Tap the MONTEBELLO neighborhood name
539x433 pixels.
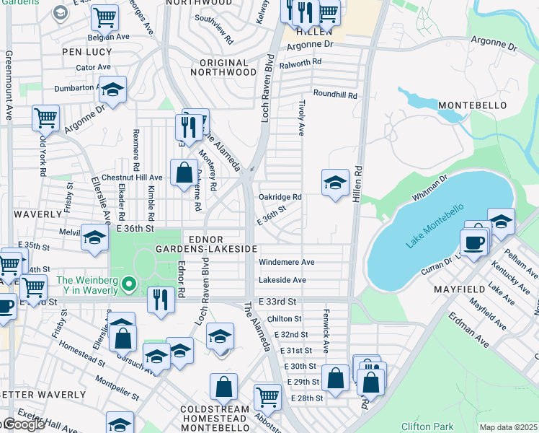pyautogui.click(x=468, y=105)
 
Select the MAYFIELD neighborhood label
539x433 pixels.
pyautogui.click(x=462, y=289)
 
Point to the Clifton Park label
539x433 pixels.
pyautogui.click(x=427, y=427)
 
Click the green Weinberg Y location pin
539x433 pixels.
pyautogui.click(x=129, y=284)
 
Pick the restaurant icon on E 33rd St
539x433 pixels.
pyautogui.click(x=161, y=298)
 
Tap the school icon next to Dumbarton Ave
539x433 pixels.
pyautogui.click(x=112, y=89)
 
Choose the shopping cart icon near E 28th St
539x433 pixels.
pyautogui.click(x=267, y=395)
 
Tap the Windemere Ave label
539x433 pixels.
pyautogui.click(x=286, y=262)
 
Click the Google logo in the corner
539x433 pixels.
pyautogui.click(x=23, y=424)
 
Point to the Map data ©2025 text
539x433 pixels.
pyautogui.click(x=508, y=427)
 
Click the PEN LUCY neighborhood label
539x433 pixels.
pyautogui.click(x=87, y=52)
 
